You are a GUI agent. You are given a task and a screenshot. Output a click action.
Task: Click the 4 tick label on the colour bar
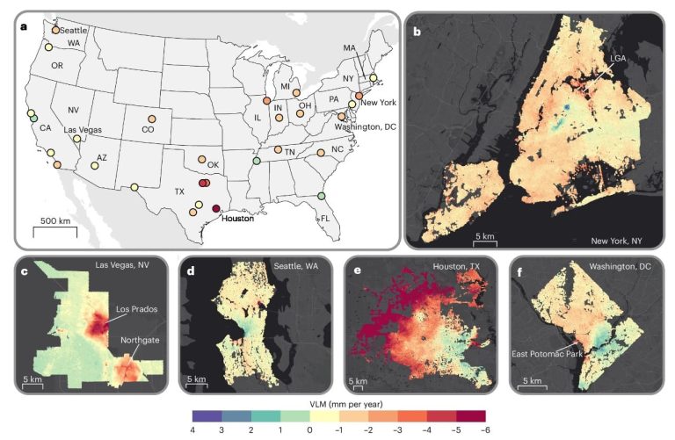[x=193, y=430]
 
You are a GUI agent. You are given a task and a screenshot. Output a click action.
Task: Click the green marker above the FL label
[x=322, y=195]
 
